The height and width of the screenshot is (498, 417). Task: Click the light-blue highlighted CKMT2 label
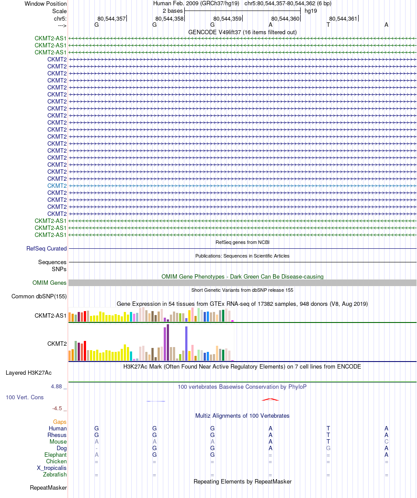coord(57,186)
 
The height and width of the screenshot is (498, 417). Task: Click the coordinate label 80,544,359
coord(227,19)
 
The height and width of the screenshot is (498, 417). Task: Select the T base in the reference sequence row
coord(328,25)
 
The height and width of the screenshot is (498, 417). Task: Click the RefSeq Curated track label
coord(47,249)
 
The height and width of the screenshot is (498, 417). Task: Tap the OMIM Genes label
coord(49,283)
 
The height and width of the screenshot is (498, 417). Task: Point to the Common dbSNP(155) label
coord(39,296)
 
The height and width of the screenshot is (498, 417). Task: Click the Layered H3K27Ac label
coord(29,373)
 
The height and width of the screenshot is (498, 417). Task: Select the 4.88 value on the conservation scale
coord(56,387)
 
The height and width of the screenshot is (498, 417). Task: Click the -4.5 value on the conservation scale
coord(57,408)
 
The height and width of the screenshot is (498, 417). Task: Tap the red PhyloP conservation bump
coord(270,399)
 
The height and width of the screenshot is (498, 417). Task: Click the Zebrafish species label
coord(55,474)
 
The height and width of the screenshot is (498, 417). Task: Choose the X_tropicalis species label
coord(51,468)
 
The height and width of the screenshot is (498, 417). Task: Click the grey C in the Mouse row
coord(386,442)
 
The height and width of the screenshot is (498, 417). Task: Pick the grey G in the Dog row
coord(328,448)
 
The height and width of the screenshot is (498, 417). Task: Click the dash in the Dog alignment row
coord(97,448)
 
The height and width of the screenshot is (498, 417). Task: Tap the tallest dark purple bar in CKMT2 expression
coord(168,342)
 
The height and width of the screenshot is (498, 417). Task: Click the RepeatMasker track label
coord(48,488)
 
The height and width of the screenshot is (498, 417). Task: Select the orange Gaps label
coord(60,422)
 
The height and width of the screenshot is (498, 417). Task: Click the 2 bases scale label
coord(173,11)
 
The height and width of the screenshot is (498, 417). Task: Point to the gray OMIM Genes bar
coord(242,283)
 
